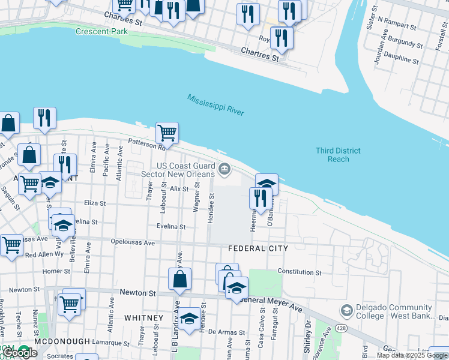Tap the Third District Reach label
[x=338, y=155]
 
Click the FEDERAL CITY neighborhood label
[x=258, y=248]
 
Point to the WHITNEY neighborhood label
[x=143, y=317]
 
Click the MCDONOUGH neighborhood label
[x=62, y=341]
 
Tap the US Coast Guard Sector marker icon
[x=224, y=170]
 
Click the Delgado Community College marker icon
[x=346, y=311]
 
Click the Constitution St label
[x=300, y=272]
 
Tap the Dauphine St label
[x=402, y=59]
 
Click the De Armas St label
[x=227, y=332]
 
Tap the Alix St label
[x=179, y=188]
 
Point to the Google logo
[x=20, y=353]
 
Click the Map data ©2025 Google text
[x=412, y=355]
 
